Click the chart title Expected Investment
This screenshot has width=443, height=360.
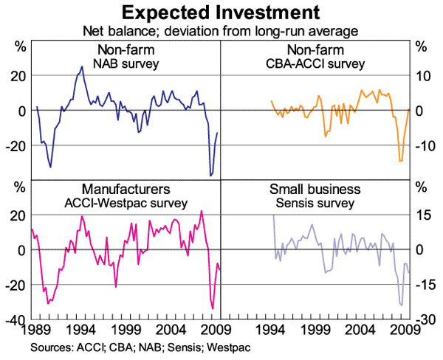click(x=221, y=13)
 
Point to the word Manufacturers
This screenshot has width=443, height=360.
click(x=126, y=190)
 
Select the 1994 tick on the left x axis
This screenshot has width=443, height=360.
click(x=83, y=328)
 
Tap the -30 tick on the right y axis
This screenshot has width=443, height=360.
click(x=422, y=319)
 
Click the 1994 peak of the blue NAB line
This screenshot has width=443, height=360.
click(x=81, y=67)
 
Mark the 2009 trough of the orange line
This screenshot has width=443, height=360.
click(x=400, y=161)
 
